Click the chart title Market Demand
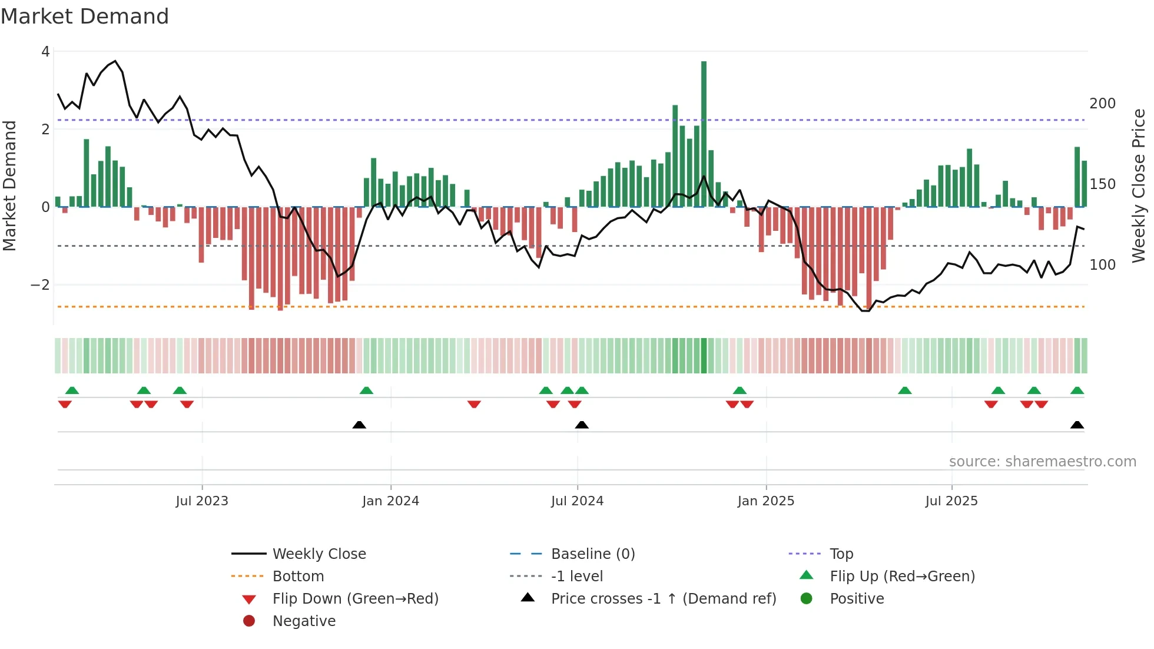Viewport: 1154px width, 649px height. pos(85,16)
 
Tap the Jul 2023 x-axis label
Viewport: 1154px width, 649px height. pos(202,501)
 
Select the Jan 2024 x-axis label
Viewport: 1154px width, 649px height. pos(390,501)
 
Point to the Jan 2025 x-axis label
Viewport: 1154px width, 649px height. pos(765,501)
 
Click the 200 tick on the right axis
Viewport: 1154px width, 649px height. pos(1102,104)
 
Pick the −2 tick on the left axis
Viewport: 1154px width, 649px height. pos(41,285)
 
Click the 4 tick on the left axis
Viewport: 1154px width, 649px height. pos(45,52)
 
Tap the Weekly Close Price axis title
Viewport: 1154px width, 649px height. pos(1139,186)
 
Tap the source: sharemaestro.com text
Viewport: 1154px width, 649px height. pos(1042,462)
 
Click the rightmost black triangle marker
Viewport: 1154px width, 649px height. pos(1077,425)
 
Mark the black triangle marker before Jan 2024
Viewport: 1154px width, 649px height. pos(359,425)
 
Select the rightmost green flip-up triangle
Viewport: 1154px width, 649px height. pos(1077,390)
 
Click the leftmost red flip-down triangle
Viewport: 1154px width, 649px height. pos(65,404)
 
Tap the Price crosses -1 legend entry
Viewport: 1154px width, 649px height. pos(663,599)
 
